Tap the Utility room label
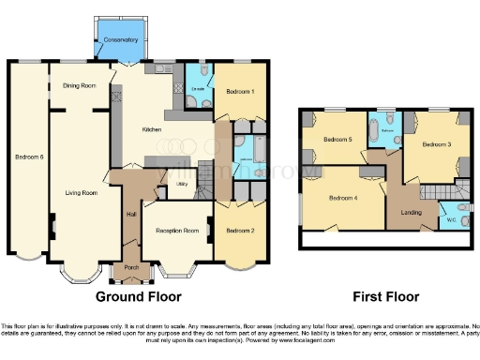[184, 185]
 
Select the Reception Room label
[174, 230]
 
